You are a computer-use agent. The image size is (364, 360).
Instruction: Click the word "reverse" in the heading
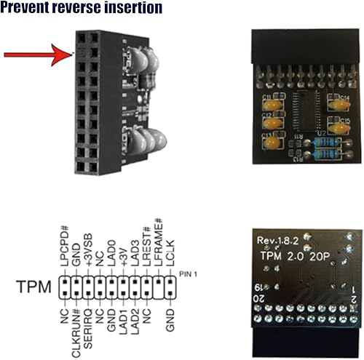(92, 9)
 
